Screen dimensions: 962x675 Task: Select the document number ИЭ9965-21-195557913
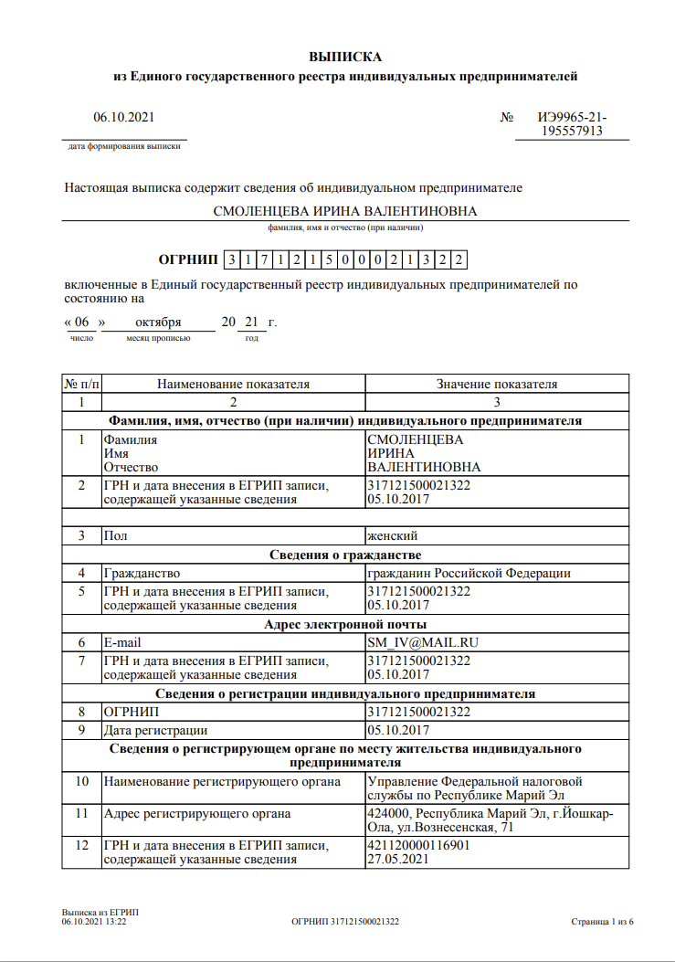click(x=572, y=124)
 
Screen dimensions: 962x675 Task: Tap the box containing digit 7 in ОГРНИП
click(x=264, y=260)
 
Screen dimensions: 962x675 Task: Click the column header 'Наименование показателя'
click(x=233, y=384)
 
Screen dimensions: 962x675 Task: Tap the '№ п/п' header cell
click(x=81, y=384)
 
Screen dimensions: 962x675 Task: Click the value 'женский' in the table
click(x=393, y=535)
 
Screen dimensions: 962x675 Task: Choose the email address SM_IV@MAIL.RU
click(x=422, y=642)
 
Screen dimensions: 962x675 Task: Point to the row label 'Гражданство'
click(x=142, y=573)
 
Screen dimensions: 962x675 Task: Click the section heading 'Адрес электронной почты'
click(x=345, y=625)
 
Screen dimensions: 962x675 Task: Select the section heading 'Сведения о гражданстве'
click(x=345, y=555)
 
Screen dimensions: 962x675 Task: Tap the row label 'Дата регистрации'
click(x=155, y=730)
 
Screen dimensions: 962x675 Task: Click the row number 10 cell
click(x=81, y=781)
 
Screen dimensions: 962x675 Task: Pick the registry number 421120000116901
click(x=418, y=845)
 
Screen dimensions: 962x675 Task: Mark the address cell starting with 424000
click(x=490, y=820)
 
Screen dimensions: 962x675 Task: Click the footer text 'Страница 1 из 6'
click(x=602, y=922)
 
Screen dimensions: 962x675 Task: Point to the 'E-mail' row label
click(x=122, y=642)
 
